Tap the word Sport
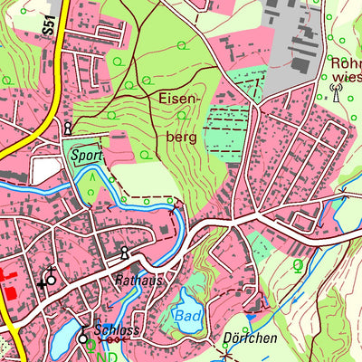click(87, 155)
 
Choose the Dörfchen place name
click(249, 338)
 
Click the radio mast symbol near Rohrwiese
click(335, 93)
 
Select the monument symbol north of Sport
click(68, 128)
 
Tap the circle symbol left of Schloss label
click(83, 338)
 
